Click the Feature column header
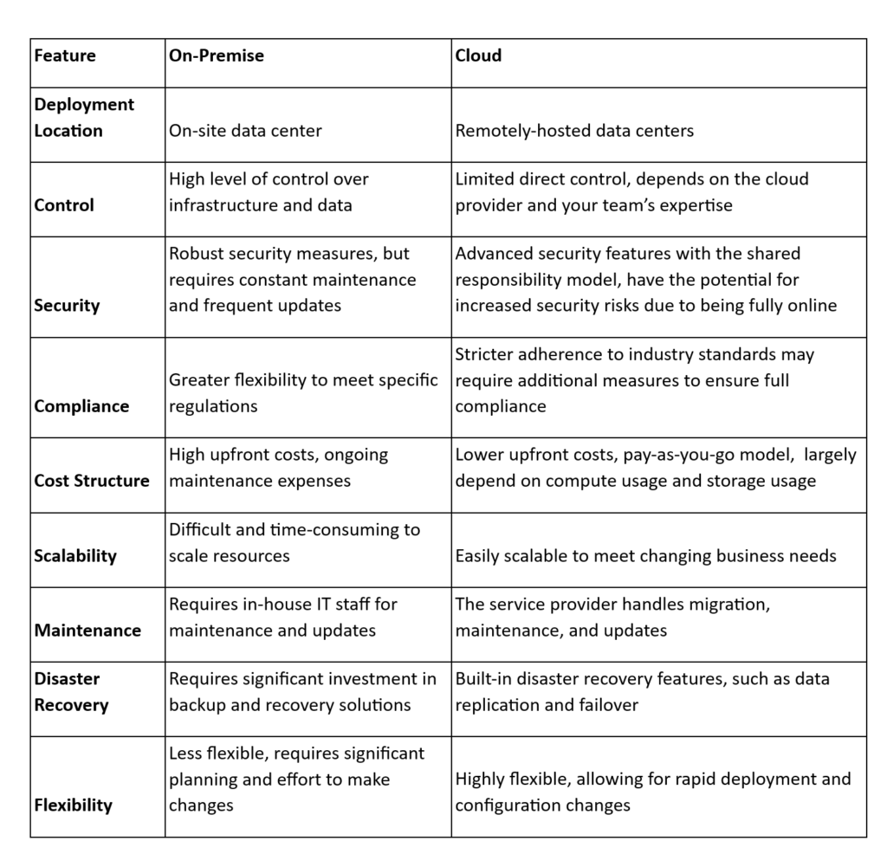pyautogui.click(x=65, y=56)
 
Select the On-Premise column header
pyautogui.click(x=217, y=56)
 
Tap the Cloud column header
pyautogui.click(x=478, y=56)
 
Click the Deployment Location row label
pyautogui.click(x=84, y=118)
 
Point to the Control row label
pyautogui.click(x=64, y=206)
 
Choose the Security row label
pyautogui.click(x=67, y=306)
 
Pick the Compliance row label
pyautogui.click(x=81, y=406)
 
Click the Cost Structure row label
pyautogui.click(x=92, y=481)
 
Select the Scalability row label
pyautogui.click(x=75, y=556)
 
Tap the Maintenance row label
pyautogui.click(x=87, y=631)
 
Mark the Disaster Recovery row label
pyautogui.click(x=71, y=692)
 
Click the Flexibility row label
pyautogui.click(x=74, y=805)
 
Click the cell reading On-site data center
pyautogui.click(x=245, y=132)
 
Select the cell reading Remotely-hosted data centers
pyautogui.click(x=574, y=132)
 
